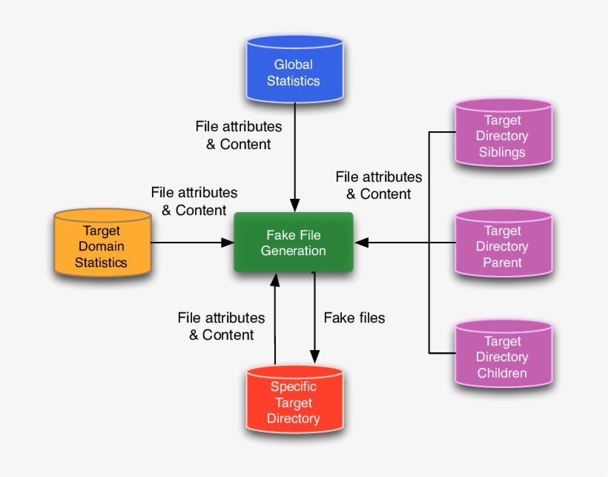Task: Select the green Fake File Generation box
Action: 294,243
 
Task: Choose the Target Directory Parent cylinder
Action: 503,246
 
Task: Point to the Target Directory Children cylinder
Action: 503,357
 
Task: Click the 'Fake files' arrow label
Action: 354,318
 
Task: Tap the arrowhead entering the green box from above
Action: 295,205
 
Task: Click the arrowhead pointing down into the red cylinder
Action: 314,357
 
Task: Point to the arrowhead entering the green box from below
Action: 275,279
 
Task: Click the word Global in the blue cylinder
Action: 294,65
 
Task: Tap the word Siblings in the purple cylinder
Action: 502,152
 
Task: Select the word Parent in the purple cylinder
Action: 503,262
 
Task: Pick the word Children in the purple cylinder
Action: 503,373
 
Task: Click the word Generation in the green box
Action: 294,251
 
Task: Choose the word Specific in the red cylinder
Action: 294,386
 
